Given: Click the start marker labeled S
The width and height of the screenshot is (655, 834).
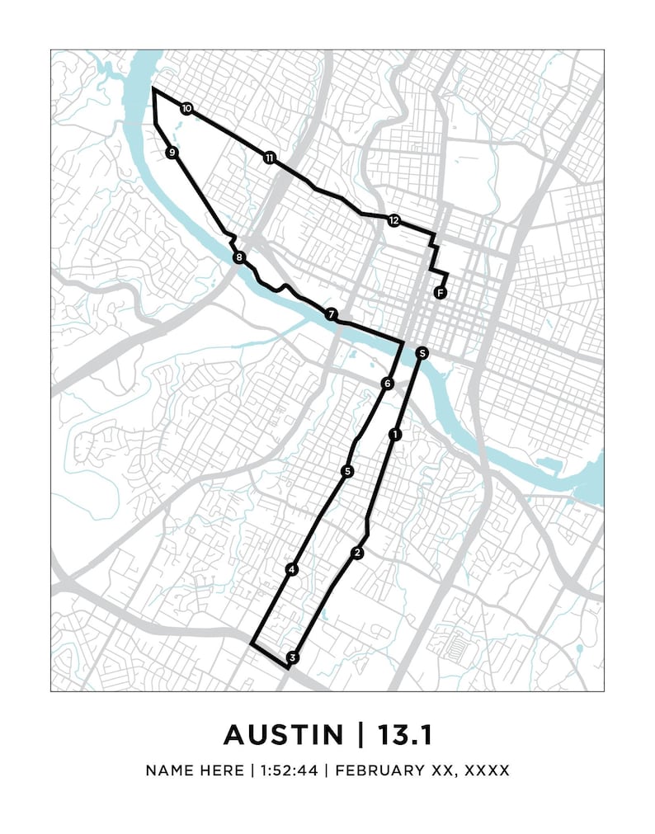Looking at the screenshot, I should tap(422, 353).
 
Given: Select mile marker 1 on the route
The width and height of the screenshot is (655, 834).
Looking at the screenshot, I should tap(395, 434).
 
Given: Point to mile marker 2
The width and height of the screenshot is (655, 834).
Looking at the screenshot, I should tap(357, 553).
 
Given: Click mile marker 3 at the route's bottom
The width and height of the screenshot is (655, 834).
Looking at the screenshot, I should tap(291, 657).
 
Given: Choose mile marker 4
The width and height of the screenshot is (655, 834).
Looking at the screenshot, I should tap(291, 569).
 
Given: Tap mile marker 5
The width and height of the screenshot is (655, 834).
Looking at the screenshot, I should tap(347, 471).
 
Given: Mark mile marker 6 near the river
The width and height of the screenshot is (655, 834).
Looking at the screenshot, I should tap(387, 384).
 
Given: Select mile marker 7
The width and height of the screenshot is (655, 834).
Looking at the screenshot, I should tap(331, 314).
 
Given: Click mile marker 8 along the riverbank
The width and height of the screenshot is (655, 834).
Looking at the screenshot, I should tap(239, 258).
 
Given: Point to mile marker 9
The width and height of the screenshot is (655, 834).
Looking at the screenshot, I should tap(172, 153).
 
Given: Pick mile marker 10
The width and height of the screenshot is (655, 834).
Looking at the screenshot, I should tap(186, 108).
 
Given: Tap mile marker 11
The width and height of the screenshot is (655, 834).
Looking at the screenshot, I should tap(269, 157).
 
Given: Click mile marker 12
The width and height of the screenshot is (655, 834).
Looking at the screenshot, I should tap(393, 220).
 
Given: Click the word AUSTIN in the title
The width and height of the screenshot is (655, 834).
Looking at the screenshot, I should tap(284, 733).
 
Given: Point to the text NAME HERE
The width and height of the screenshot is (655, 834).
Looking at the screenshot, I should tap(194, 770).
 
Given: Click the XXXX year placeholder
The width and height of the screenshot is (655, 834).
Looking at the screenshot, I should tap(487, 770).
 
